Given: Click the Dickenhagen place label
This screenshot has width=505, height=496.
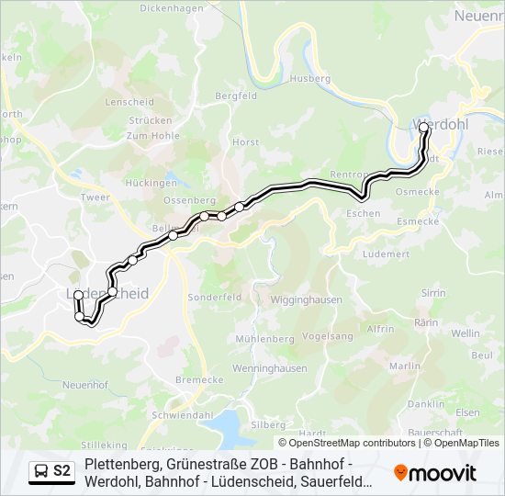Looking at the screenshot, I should [x=170, y=7].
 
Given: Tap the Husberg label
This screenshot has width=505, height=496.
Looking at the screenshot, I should [x=310, y=79].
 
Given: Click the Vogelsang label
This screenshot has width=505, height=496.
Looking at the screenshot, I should [x=327, y=336].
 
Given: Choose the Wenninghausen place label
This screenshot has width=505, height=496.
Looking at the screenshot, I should [x=269, y=369].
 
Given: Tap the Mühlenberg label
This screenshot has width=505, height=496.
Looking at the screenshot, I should [x=264, y=339].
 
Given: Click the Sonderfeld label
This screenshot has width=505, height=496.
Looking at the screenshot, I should [x=214, y=298].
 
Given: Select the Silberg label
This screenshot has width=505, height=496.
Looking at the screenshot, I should [x=268, y=424].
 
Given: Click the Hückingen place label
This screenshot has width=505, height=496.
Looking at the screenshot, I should [x=151, y=183].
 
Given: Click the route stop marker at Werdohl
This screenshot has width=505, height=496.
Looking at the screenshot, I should [x=424, y=130].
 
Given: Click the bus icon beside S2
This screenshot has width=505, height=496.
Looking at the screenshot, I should [x=41, y=471].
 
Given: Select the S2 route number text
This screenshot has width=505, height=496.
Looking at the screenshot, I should [x=62, y=471].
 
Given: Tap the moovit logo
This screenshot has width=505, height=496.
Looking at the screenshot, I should [x=435, y=473].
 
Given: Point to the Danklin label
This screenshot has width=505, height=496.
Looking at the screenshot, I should [x=426, y=403].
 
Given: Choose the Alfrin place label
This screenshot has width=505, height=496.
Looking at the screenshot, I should [x=380, y=329].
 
